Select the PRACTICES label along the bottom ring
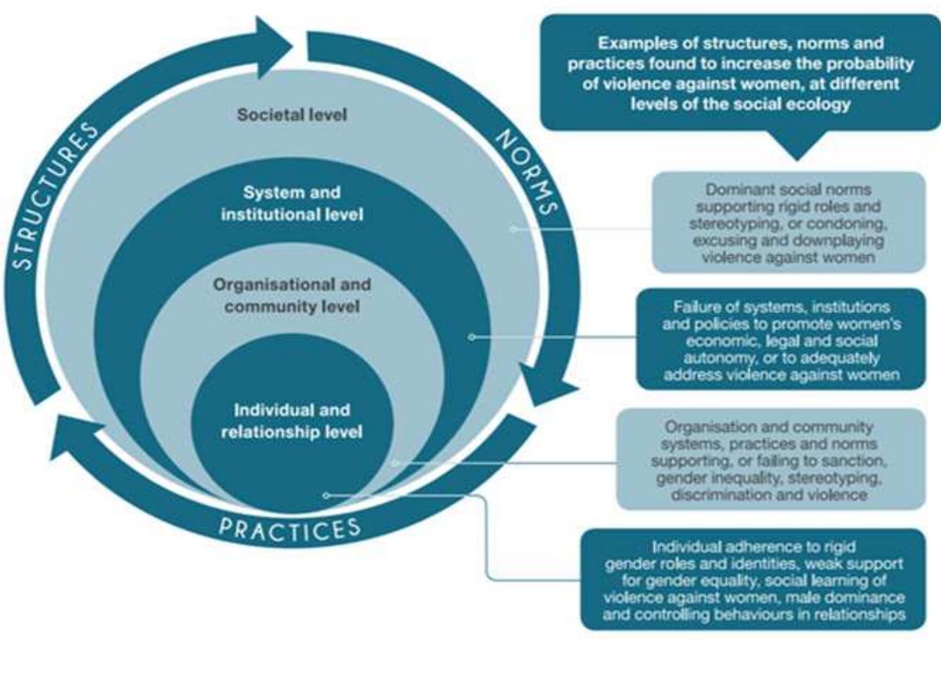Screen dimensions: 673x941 (x=290, y=527)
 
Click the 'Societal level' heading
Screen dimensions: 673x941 (x=292, y=115)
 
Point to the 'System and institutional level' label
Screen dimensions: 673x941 (x=292, y=202)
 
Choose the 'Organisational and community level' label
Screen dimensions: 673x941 (x=292, y=295)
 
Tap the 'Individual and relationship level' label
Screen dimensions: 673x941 (x=292, y=420)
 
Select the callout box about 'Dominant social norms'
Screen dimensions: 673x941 (x=788, y=222)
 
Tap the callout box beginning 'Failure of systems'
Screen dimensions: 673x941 (x=780, y=339)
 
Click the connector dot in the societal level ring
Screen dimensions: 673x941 (x=512, y=229)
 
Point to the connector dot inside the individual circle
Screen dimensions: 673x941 (x=326, y=495)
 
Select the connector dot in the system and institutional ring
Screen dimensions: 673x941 (x=471, y=337)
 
